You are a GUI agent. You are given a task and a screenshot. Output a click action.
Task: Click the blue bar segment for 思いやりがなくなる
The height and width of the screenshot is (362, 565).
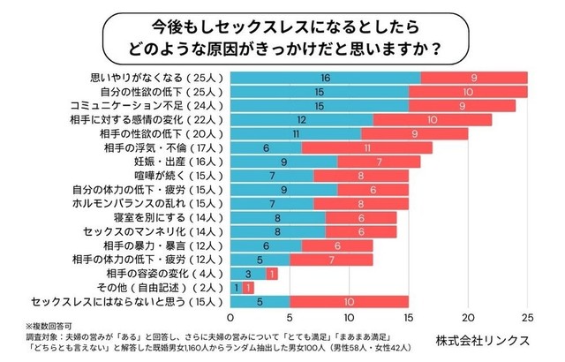coord(325,79)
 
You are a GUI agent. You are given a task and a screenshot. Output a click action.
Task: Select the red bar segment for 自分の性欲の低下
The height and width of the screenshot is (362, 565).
coord(467,92)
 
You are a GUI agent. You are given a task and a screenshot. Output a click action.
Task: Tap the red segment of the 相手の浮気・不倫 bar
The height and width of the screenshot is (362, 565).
coord(366,147)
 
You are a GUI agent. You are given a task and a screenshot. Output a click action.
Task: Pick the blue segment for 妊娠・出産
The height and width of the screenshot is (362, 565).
coord(283,162)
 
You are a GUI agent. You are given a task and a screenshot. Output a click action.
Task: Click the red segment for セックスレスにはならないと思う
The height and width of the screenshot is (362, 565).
coord(349,301)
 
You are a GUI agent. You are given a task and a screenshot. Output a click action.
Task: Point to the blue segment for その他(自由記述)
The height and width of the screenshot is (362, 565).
coord(236,287)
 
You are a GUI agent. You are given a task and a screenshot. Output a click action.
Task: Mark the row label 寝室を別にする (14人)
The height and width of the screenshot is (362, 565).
coord(173,217)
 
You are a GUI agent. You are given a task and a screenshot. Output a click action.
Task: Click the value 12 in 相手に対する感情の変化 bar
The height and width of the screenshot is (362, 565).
coord(302,120)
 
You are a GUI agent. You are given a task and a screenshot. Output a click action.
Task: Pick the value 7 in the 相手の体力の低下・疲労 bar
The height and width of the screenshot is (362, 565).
coord(331,260)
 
